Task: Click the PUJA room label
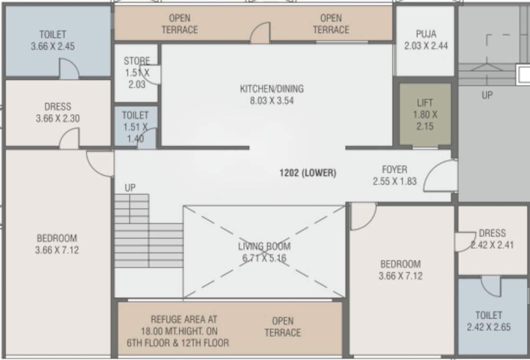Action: pyautogui.click(x=426, y=34)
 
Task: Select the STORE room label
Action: pyautogui.click(x=137, y=61)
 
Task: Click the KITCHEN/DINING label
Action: pyautogui.click(x=272, y=89)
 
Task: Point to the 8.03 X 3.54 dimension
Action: pyautogui.click(x=272, y=100)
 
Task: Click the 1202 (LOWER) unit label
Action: pyautogui.click(x=308, y=173)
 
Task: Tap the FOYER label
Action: pyautogui.click(x=395, y=170)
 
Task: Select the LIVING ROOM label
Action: pyautogui.click(x=264, y=247)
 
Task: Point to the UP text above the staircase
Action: pyautogui.click(x=130, y=188)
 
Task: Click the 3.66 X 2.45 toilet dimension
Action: pyautogui.click(x=52, y=46)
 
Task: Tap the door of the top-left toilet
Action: pyautogui.click(x=69, y=69)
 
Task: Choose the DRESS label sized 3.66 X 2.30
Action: pyautogui.click(x=58, y=107)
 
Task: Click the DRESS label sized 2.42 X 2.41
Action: pyautogui.click(x=492, y=233)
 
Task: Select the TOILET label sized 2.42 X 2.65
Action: pyautogui.click(x=489, y=315)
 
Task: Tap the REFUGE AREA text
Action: pyautogui.click(x=176, y=320)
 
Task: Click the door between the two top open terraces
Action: pyautogui.click(x=260, y=33)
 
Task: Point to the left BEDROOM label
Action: pyautogui.click(x=57, y=238)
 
